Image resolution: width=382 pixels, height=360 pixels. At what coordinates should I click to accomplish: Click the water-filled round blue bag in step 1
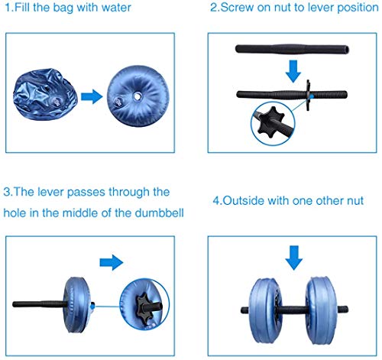(x=133, y=95)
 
